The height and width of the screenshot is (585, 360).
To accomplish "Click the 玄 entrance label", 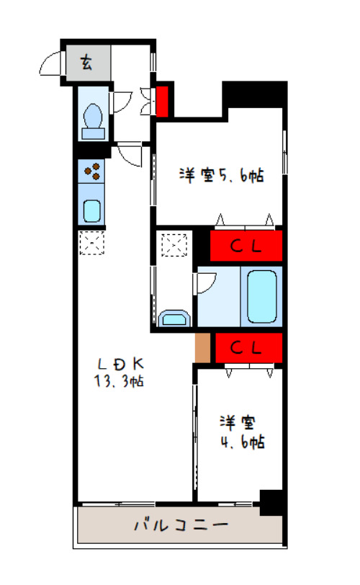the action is tap(86, 62).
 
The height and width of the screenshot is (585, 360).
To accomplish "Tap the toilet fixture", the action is tap(93, 121).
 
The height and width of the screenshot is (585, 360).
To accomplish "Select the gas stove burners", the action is tap(91, 171).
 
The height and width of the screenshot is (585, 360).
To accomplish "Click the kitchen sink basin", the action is tap(91, 211).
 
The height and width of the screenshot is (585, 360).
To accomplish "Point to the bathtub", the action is tap(262, 297).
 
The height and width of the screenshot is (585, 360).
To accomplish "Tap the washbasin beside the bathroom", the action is tap(174, 318).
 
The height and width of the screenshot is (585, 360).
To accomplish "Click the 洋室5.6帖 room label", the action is tap(221, 175).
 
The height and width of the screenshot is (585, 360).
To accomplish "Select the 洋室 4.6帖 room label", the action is tap(242, 432).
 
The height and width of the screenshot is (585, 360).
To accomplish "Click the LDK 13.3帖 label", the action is tap(120, 372).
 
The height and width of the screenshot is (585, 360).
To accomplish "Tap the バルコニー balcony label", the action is tap(181, 525).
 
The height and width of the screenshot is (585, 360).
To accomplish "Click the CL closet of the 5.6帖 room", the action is tap(246, 246).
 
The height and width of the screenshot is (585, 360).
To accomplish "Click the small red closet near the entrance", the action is tap(162, 101).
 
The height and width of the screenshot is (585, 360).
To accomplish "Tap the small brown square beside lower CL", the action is tap(203, 348).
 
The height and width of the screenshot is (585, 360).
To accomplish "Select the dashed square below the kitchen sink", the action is tap(91, 243).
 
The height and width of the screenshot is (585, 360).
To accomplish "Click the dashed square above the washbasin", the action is tap(174, 245).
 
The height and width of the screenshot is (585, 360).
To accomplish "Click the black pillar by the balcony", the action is tap(271, 503).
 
